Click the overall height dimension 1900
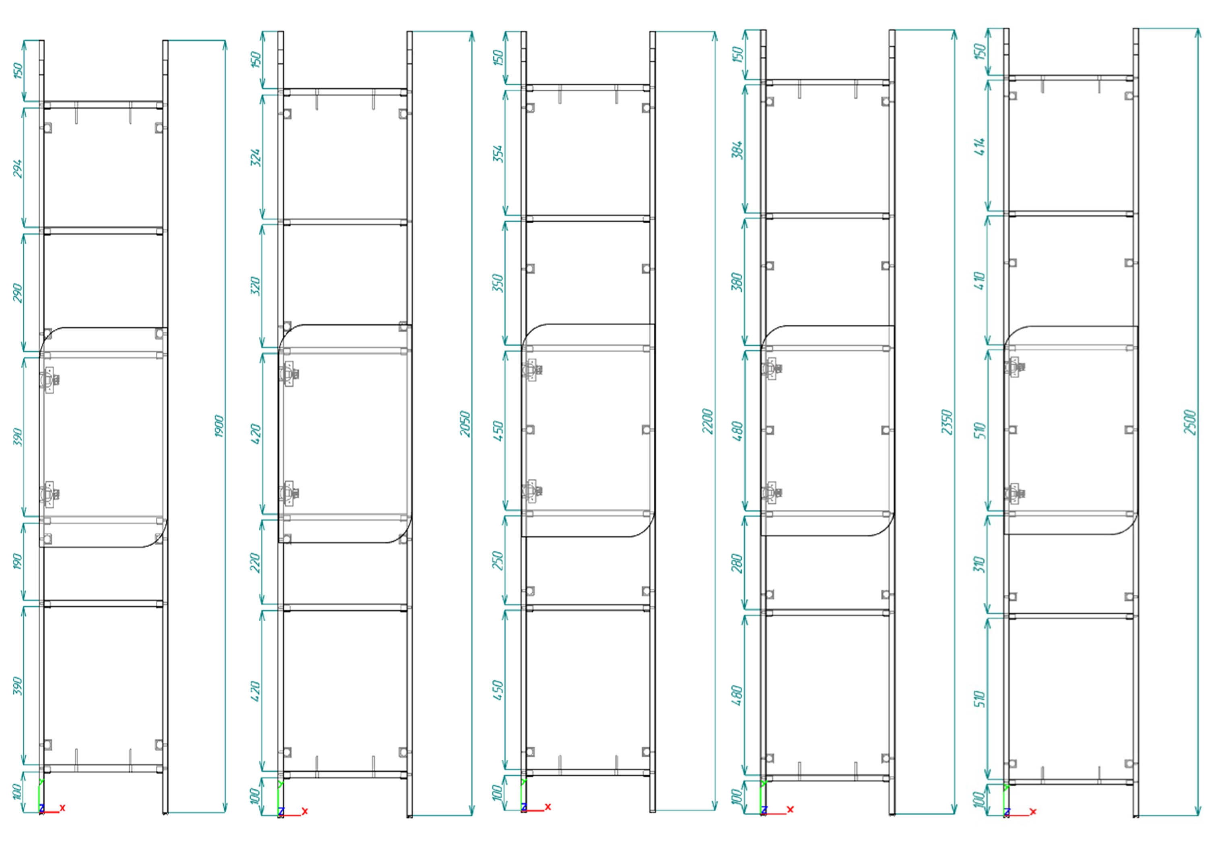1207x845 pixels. click(219, 426)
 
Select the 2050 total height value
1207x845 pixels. click(465, 423)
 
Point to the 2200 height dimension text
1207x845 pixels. click(708, 421)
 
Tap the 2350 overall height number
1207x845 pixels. click(947, 422)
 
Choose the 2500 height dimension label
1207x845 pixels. click(1190, 422)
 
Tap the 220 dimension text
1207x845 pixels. click(255, 563)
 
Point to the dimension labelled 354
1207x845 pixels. click(498, 154)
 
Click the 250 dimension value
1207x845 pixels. click(498, 561)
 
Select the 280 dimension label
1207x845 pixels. click(738, 563)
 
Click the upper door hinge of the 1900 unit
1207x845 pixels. click(50, 379)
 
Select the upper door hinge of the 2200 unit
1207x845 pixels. click(531, 370)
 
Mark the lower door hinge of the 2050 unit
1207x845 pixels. click(288, 493)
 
